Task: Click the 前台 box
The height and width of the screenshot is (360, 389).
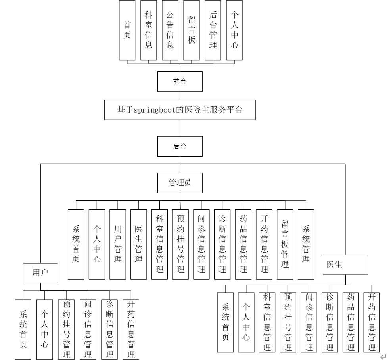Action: pyautogui.click(x=180, y=81)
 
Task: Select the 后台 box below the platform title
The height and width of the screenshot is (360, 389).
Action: pyautogui.click(x=180, y=146)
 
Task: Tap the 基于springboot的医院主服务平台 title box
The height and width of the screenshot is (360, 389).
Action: pyautogui.click(x=180, y=110)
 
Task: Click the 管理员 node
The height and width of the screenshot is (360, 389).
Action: pyautogui.click(x=180, y=183)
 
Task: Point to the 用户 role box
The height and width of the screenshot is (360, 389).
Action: pyautogui.click(x=40, y=273)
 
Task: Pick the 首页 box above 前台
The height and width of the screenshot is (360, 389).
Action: pyautogui.click(x=127, y=30)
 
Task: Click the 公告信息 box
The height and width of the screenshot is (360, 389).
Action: pyautogui.click(x=170, y=30)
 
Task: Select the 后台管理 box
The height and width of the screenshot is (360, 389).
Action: pyautogui.click(x=213, y=30)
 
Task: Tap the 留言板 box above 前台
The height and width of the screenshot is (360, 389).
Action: pyautogui.click(x=192, y=30)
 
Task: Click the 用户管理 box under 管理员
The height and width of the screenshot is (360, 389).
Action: pyautogui.click(x=118, y=244)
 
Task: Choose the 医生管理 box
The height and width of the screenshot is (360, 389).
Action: pyautogui.click(x=138, y=244)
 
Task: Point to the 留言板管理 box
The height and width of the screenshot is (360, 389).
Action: pyautogui.click(x=285, y=244)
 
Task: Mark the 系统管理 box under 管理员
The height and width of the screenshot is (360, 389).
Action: pyautogui.click(x=305, y=244)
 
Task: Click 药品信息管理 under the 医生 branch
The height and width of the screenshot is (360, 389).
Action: pyautogui.click(x=351, y=322)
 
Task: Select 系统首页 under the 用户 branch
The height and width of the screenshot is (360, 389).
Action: pyautogui.click(x=23, y=329)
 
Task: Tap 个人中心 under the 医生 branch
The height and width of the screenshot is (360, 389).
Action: pyautogui.click(x=246, y=322)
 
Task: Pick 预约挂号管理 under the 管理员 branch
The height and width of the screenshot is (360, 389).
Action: pyautogui.click(x=180, y=244)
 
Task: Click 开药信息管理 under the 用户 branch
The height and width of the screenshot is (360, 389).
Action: pyautogui.click(x=130, y=329)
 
